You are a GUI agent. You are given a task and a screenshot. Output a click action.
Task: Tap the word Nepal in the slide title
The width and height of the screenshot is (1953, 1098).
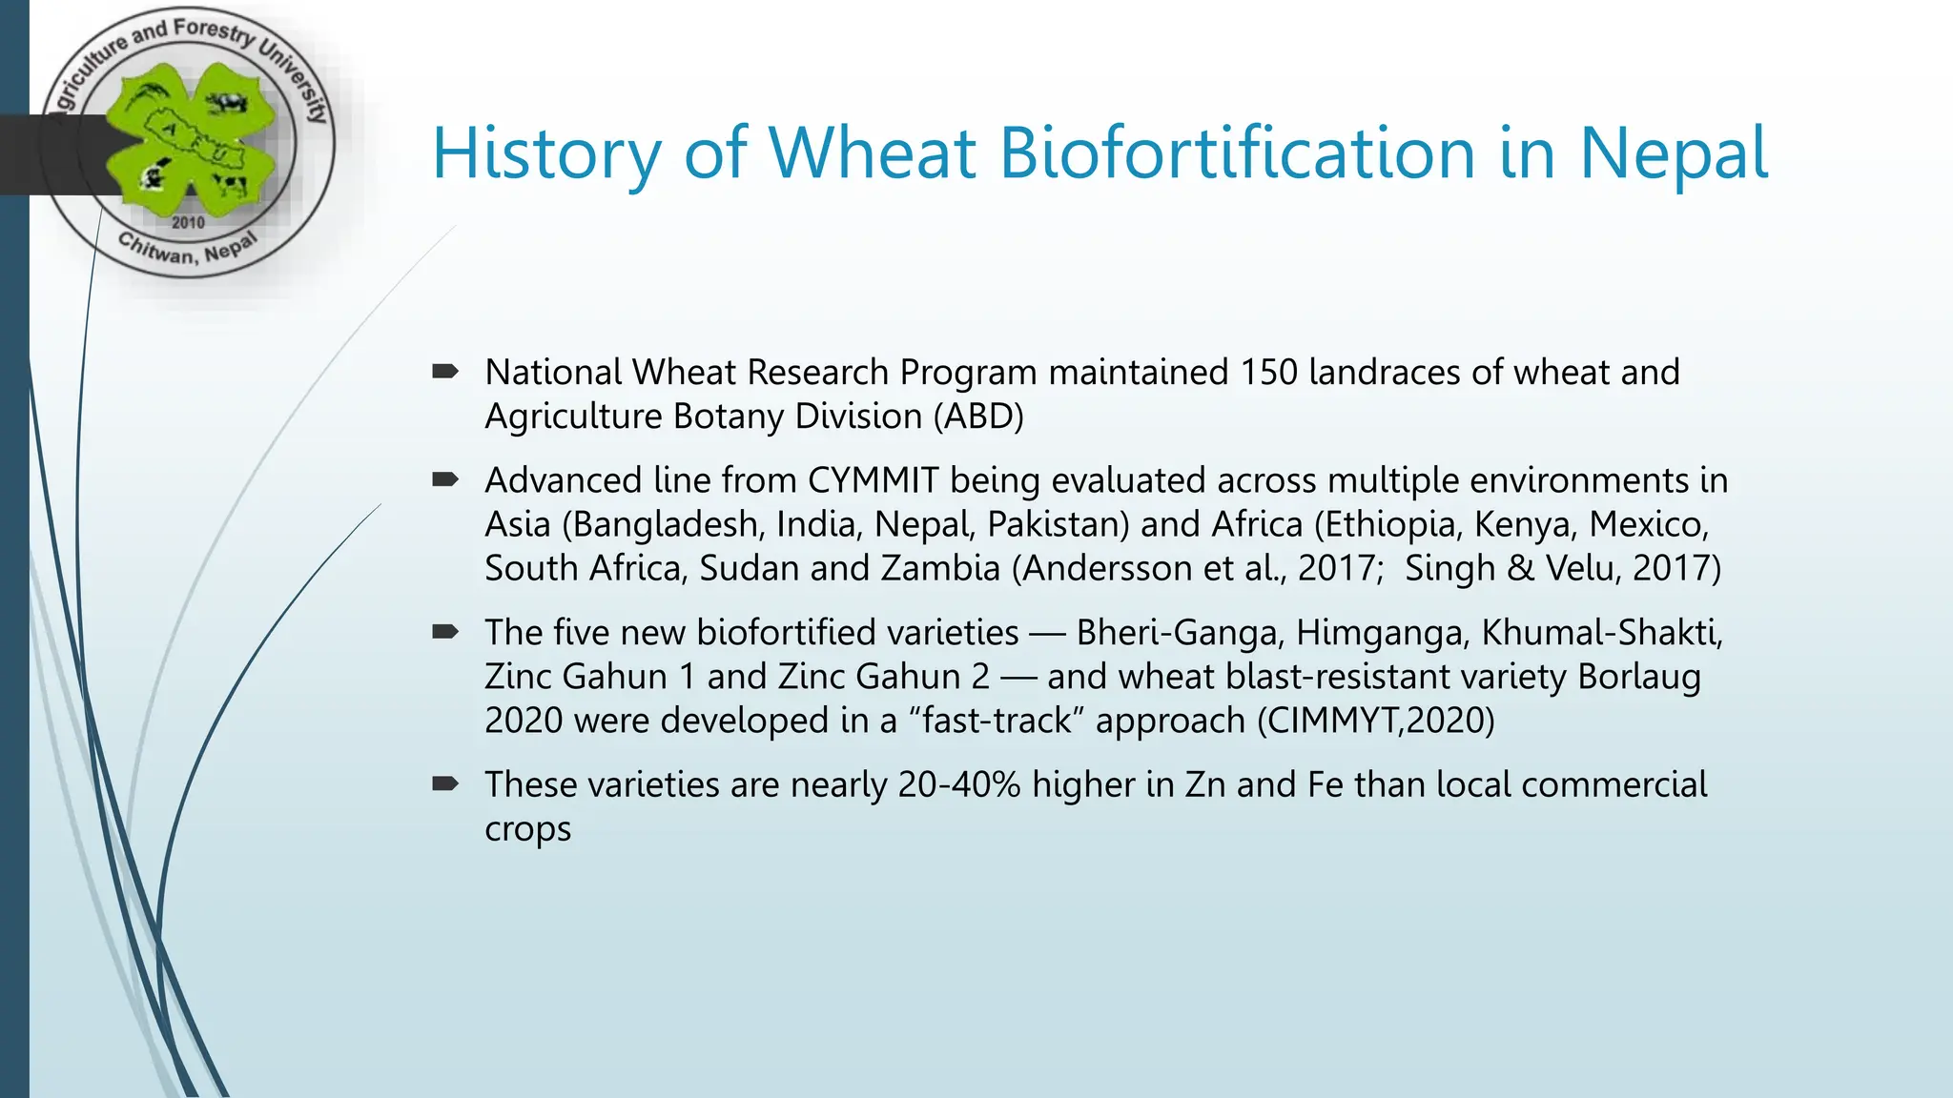pos(1674,154)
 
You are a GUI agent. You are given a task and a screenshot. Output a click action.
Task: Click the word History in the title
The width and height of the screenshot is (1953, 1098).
pos(546,154)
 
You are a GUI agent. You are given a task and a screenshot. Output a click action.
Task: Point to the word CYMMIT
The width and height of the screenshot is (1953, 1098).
pos(873,480)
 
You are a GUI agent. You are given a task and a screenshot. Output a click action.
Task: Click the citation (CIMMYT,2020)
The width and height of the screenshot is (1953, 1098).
pos(1376,721)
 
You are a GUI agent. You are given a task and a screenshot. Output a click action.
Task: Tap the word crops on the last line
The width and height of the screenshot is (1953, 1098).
pos(527,829)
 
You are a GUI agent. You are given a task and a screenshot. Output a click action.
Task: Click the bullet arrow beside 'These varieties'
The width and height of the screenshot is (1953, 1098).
pos(445,784)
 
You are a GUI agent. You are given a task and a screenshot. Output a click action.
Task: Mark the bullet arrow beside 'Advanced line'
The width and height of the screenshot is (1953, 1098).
pos(445,479)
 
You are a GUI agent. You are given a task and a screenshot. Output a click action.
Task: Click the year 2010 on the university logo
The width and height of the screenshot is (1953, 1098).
pos(188,223)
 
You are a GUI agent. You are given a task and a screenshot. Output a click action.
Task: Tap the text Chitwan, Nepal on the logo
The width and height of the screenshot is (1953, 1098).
pos(187,251)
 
